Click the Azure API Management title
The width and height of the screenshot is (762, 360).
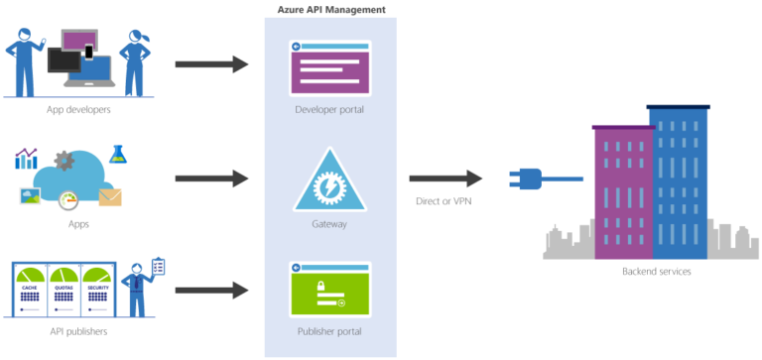pos(329,8)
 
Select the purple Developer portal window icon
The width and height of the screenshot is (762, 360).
pos(329,67)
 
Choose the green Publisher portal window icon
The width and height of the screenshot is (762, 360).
pos(329,289)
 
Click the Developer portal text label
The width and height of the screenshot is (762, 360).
pos(329,109)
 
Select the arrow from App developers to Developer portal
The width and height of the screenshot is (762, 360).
pos(211,64)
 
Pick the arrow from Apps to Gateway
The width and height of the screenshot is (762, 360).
pos(211,179)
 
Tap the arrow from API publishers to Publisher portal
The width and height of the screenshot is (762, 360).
pos(211,290)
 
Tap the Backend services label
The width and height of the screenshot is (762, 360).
pos(656,271)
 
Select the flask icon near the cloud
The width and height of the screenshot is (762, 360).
pos(119,154)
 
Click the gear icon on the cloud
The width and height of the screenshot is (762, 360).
pos(64,160)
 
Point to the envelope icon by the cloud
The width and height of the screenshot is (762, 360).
pos(110,197)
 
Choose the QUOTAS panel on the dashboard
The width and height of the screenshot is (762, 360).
pos(64,289)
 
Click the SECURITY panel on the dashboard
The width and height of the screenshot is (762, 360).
pos(98,289)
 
